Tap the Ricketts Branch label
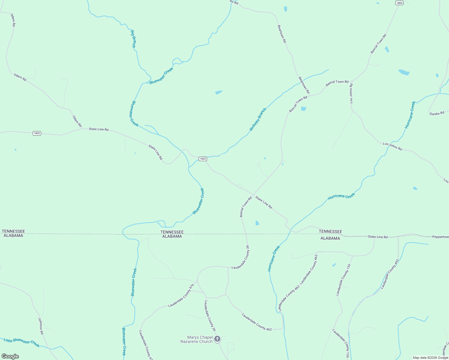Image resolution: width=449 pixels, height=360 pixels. coord(258,119)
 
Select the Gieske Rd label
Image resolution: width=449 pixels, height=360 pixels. coord(437,113)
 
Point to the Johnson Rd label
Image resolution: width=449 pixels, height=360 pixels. coord(41,326)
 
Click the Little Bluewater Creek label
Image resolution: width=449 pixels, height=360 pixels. coord(22,342)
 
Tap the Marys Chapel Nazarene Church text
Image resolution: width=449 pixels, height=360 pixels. coord(196,339)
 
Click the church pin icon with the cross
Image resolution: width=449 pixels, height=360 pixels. coord(217,339)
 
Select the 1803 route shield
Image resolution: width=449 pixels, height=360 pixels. coord(399,3)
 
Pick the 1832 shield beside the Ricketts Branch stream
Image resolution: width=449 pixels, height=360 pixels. coord(203,159)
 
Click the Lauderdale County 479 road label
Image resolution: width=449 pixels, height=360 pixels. coord(180,296)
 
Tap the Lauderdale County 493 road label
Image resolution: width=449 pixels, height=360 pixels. coord(389,274)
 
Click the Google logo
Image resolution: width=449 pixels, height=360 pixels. coord(10,356)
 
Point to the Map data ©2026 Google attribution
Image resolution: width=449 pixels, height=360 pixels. coord(430,358)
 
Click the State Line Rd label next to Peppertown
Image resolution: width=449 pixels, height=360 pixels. coord(378,237)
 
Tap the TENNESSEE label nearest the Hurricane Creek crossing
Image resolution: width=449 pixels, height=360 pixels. coord(330,231)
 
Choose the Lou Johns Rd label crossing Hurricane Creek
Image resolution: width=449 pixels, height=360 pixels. coord(392,146)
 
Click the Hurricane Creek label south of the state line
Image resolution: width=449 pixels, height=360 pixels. coord(274,258)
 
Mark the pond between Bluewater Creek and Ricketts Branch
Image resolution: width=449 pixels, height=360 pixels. coord(219,92)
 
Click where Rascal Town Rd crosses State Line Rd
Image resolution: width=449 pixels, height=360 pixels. coord(254,194)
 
